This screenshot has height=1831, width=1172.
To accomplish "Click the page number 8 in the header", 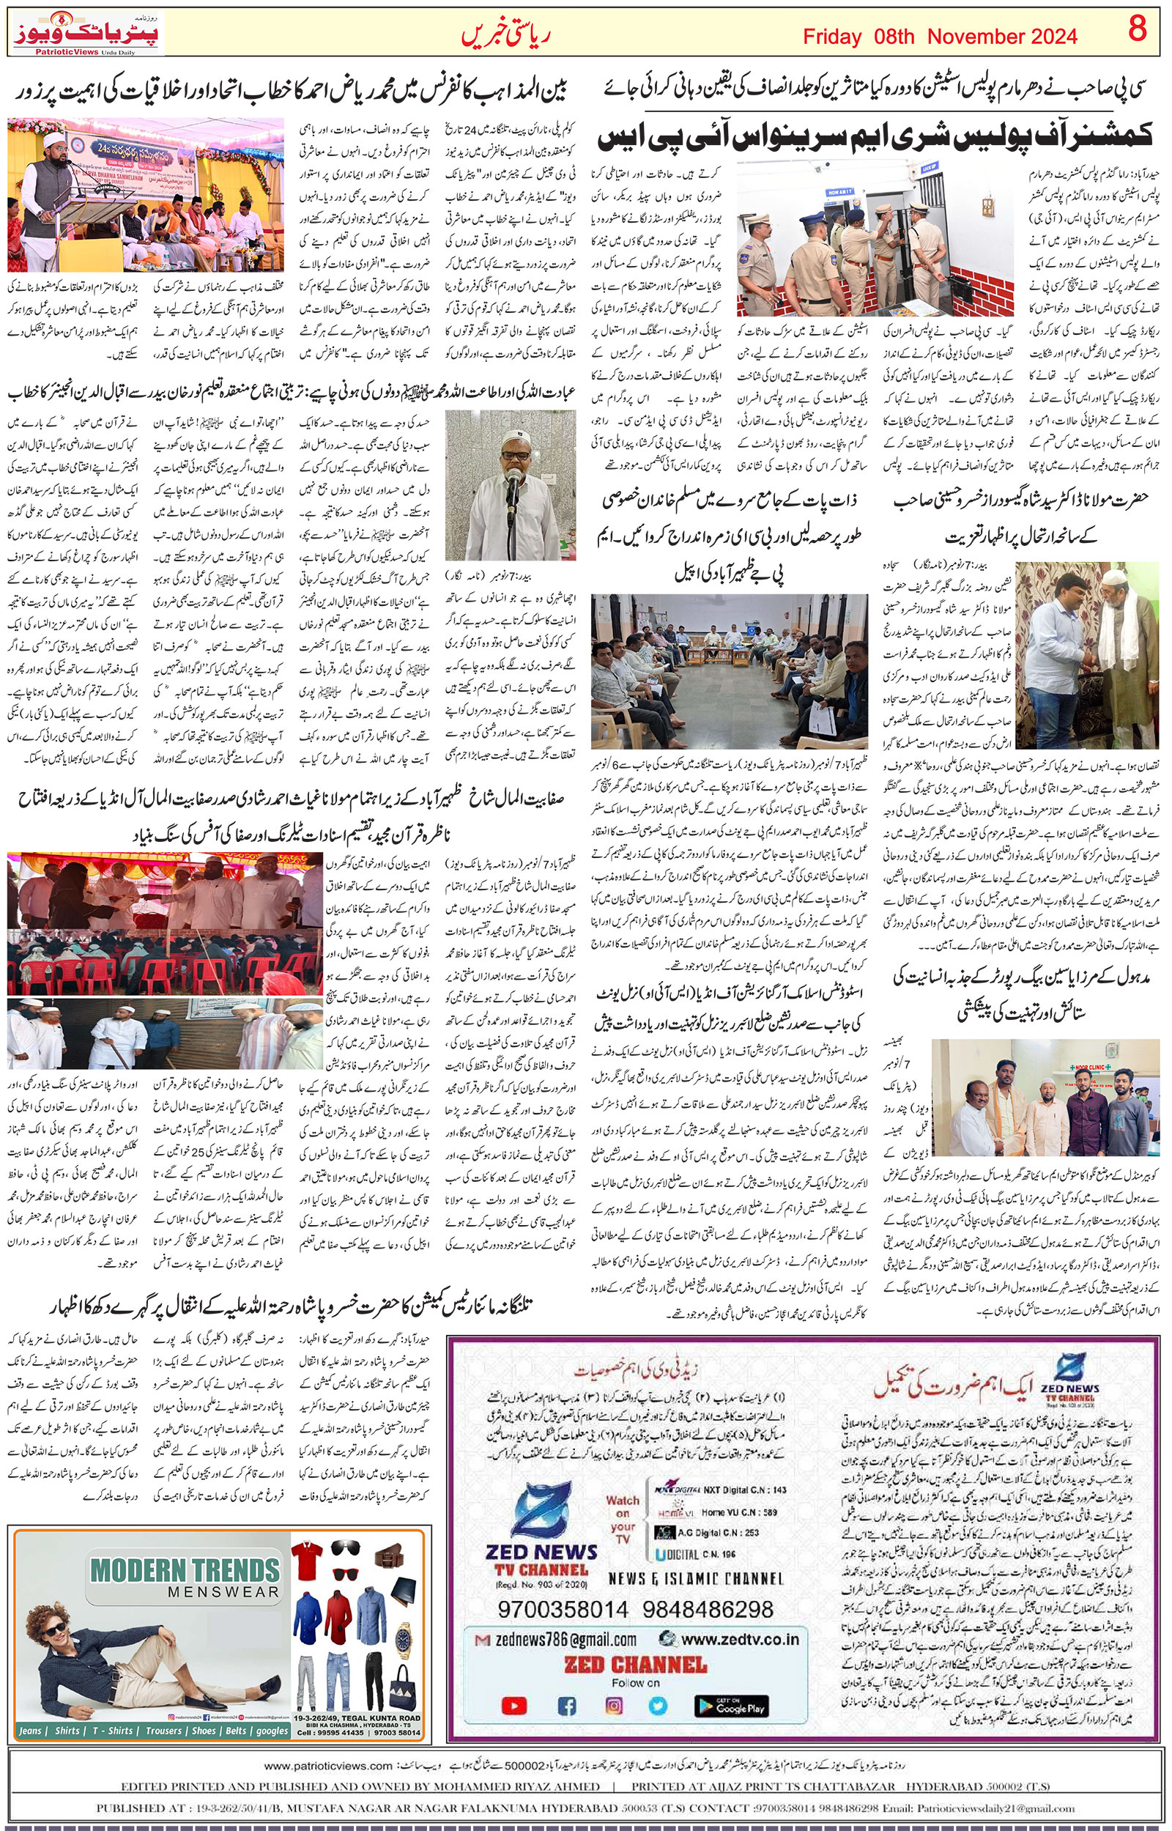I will (x=1137, y=32).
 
